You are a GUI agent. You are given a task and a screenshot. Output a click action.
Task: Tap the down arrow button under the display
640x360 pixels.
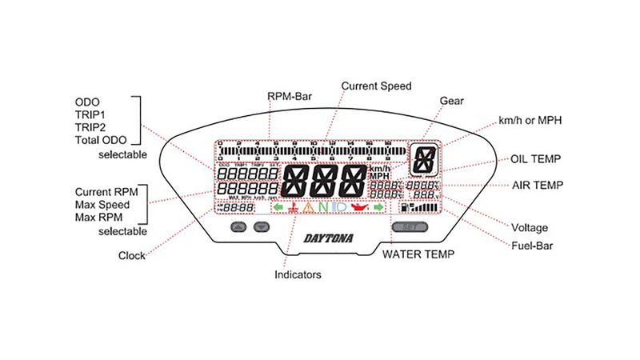click(x=259, y=227)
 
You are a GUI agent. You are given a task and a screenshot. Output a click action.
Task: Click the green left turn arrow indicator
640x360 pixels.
click(x=278, y=209)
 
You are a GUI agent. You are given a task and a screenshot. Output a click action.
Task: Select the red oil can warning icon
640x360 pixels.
click(x=359, y=209)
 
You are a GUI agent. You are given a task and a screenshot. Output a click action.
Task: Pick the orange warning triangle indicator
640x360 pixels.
click(x=309, y=209)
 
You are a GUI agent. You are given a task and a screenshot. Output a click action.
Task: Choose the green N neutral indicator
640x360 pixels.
click(x=323, y=209)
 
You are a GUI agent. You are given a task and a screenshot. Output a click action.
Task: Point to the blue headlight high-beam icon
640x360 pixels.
click(x=339, y=209)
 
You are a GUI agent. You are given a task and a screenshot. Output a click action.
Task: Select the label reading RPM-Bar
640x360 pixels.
click(x=290, y=97)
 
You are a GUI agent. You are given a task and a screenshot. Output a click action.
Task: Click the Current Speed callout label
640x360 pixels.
click(x=376, y=85)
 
